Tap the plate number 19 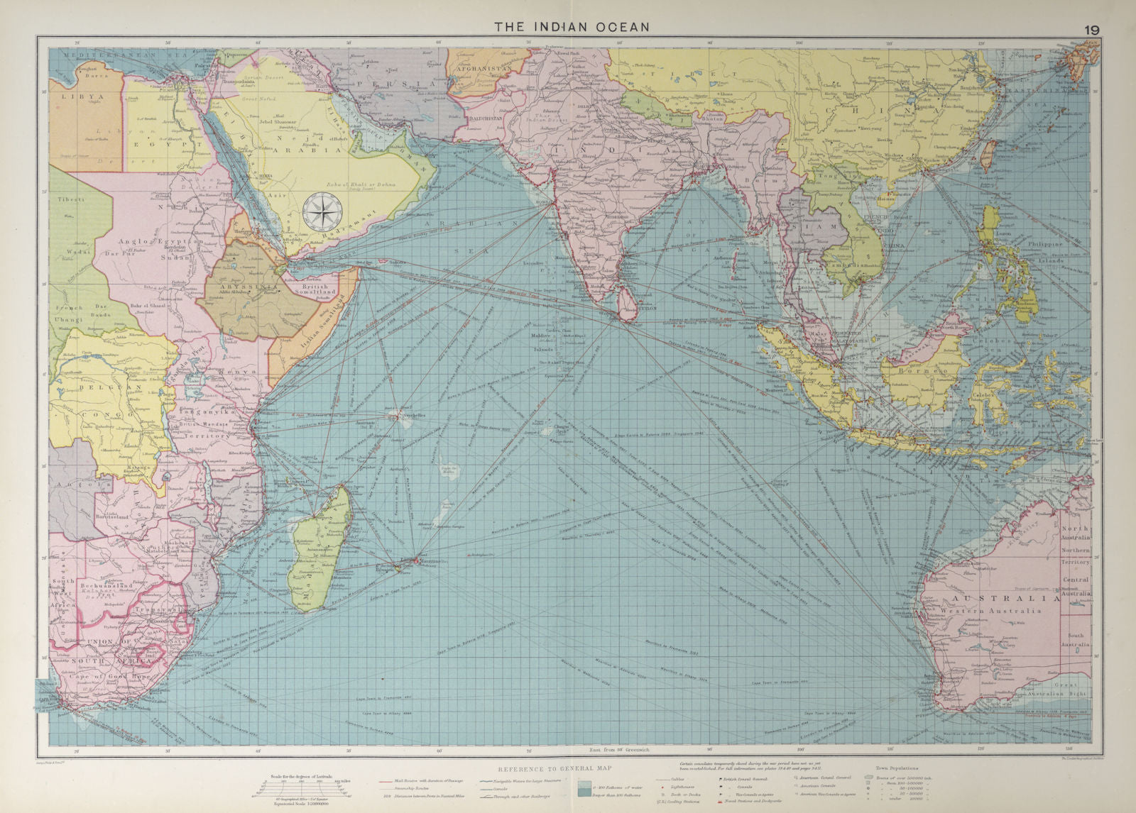coord(1091,29)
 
